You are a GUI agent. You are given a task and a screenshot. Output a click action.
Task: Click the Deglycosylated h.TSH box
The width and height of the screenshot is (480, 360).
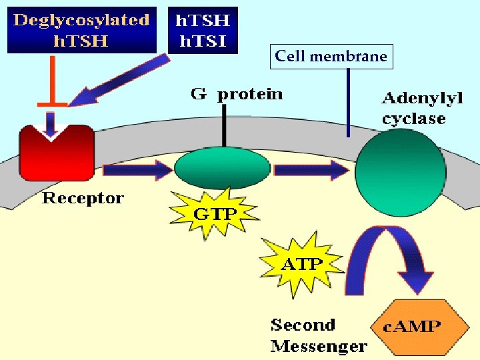[81, 29]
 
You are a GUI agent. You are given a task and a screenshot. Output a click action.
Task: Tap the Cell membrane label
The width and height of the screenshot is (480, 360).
[331, 57]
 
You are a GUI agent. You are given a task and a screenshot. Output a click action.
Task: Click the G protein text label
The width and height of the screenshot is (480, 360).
[237, 94]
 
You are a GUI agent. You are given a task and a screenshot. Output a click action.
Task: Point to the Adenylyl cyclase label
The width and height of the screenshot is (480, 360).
[421, 109]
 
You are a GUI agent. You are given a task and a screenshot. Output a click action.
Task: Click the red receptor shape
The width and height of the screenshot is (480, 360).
[56, 153]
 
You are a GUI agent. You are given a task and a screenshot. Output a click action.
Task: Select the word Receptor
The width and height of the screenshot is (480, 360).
[83, 198]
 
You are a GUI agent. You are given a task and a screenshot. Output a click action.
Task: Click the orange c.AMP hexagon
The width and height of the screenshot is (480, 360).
[412, 327]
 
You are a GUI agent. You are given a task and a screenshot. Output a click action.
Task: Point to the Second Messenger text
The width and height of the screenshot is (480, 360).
[318, 335]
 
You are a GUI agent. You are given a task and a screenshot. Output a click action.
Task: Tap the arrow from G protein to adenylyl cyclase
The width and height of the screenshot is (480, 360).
[311, 171]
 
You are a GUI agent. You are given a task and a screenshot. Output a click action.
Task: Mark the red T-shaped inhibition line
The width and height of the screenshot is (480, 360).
[51, 83]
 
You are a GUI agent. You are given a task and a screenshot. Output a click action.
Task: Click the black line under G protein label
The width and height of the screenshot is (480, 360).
[225, 127]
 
